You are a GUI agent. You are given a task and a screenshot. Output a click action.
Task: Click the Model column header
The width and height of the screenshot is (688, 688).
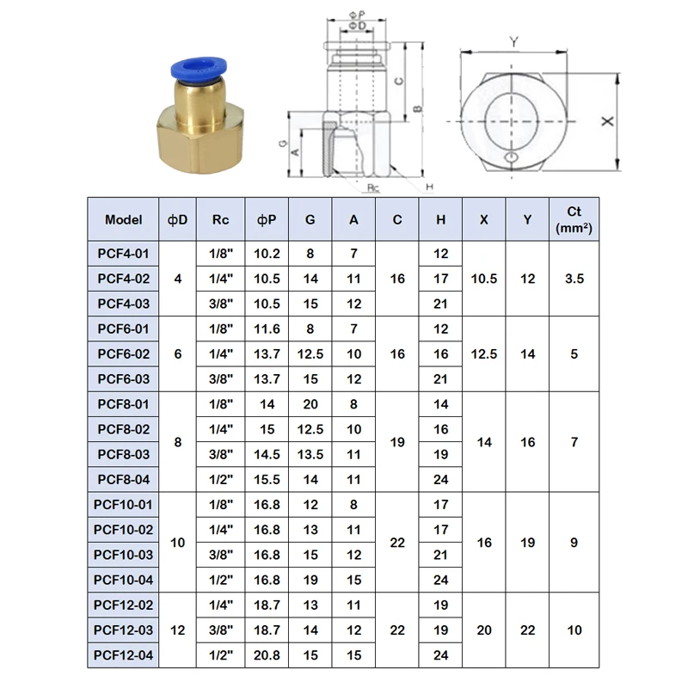[123, 219]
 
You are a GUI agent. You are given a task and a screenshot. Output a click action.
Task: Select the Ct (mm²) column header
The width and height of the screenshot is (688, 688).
[574, 219]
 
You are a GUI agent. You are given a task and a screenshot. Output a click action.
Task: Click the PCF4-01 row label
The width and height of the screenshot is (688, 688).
[123, 254]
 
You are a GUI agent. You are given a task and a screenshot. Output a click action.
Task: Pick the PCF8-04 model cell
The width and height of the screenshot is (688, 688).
[123, 479]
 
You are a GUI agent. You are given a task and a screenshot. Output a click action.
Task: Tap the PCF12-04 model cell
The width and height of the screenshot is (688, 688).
[123, 655]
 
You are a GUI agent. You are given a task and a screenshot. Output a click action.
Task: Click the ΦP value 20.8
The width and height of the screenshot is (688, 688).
[267, 655]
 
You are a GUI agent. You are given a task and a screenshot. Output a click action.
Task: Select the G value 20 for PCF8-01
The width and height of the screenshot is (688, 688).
[310, 404]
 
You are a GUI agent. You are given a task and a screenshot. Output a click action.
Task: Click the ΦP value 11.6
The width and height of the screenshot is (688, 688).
[267, 329]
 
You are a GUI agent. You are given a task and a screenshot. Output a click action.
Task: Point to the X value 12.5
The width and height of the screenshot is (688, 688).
[484, 354]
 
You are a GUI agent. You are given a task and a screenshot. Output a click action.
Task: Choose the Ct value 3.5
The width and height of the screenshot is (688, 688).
[574, 279]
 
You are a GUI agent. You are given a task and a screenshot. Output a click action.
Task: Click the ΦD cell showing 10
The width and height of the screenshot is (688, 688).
[178, 543]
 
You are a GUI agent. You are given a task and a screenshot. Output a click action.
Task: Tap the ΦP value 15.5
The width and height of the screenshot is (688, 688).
[267, 479]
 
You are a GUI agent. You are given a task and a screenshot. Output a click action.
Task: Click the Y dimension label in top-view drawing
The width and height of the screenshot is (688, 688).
[513, 41]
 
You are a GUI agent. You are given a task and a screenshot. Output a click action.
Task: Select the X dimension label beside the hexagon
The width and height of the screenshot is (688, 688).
[607, 122]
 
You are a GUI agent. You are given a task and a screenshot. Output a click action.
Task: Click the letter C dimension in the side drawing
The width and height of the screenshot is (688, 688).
[398, 80]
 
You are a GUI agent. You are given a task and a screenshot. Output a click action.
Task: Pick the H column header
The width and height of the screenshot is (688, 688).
[440, 219]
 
